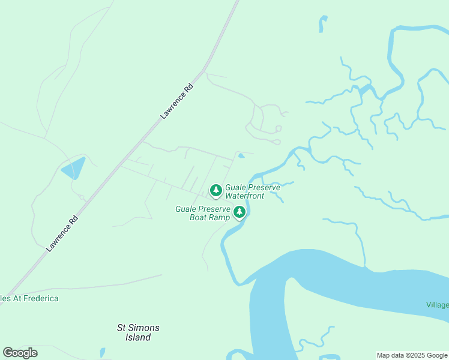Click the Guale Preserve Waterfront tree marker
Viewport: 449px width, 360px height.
[x=215, y=190]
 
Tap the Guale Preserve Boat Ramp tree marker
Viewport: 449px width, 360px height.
[x=240, y=212]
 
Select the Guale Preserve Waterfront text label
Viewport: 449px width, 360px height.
[x=252, y=191]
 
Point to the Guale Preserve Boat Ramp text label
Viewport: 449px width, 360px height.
[x=203, y=213]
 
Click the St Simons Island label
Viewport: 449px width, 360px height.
[x=137, y=332]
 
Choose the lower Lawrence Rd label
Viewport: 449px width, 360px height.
[x=62, y=233]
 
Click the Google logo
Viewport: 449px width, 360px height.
[x=20, y=353]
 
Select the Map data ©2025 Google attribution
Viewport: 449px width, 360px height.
[x=412, y=355]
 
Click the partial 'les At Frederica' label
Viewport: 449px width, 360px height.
[x=29, y=298]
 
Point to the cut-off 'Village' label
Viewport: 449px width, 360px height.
[x=438, y=305]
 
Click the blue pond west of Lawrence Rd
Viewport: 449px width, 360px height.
[x=73, y=168]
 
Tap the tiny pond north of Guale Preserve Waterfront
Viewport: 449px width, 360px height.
[x=241, y=156]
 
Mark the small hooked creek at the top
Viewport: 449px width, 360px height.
[x=322, y=23]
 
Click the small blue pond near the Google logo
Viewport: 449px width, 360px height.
[x=103, y=352]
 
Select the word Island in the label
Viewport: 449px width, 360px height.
[x=137, y=337]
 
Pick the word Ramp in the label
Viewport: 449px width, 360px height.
[x=220, y=217]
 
